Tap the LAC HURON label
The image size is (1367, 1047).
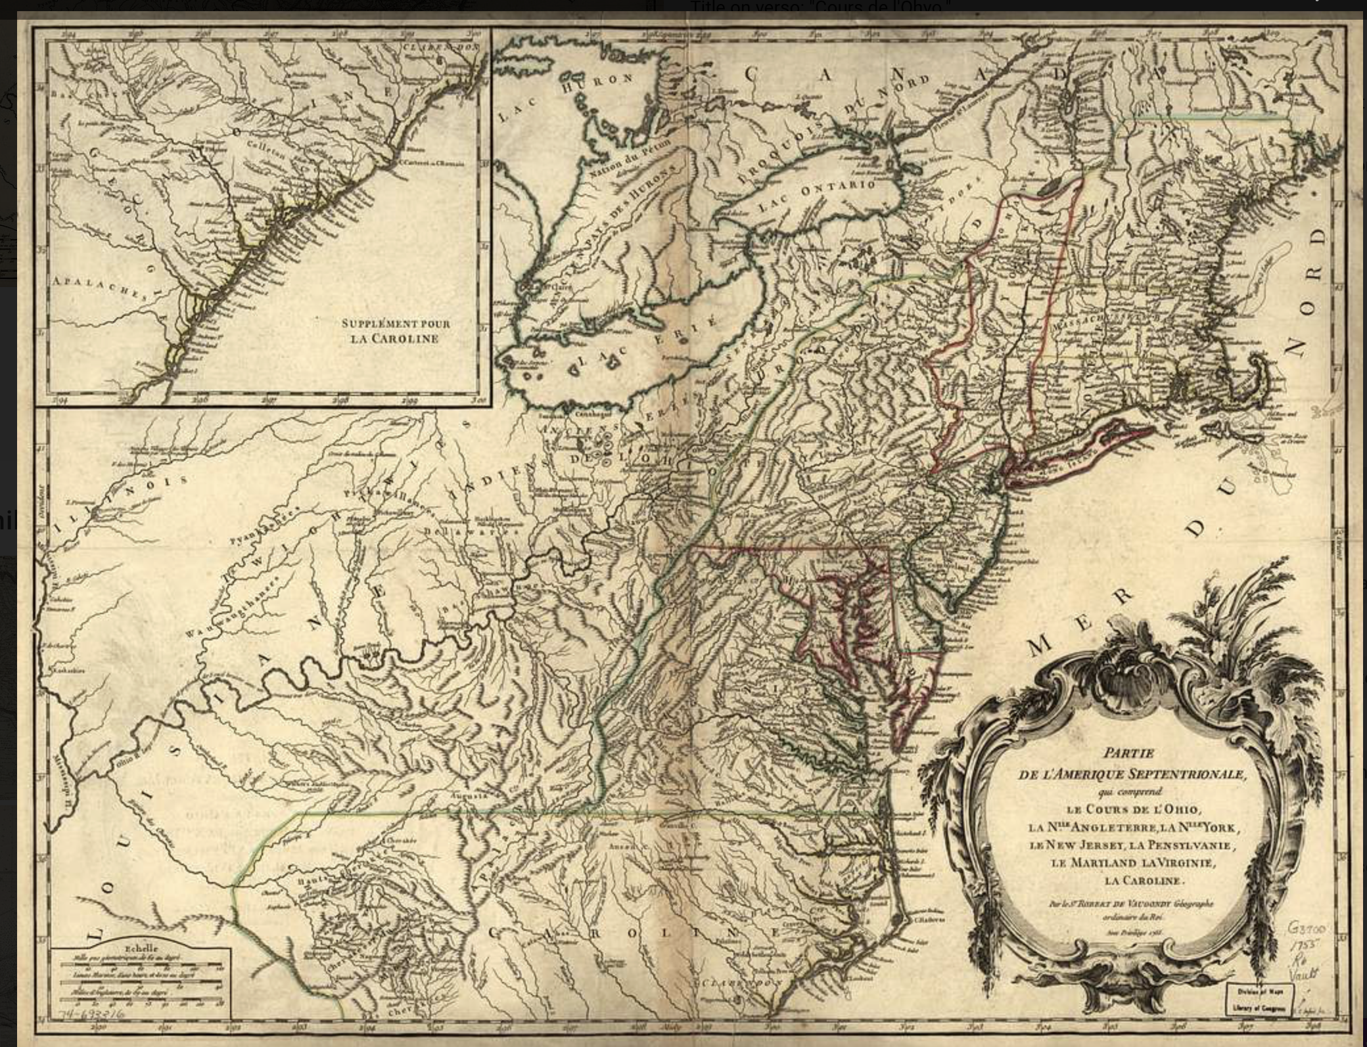pyautogui.click(x=565, y=99)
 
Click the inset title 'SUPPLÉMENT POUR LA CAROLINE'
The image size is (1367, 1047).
pyautogui.click(x=396, y=331)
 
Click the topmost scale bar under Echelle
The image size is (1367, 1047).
pyautogui.click(x=141, y=964)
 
